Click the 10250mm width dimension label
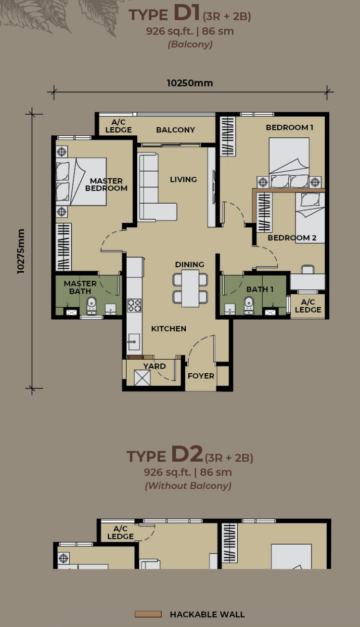[x=190, y=83]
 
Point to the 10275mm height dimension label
[x=21, y=251]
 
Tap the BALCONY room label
[x=175, y=130]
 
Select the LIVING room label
[x=183, y=179]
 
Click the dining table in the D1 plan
[x=190, y=288]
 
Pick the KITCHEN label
[x=168, y=328]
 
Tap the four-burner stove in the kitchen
[x=134, y=305]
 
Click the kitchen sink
[x=134, y=342]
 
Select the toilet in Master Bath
[x=91, y=306]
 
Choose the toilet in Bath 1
[x=249, y=306]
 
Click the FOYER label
[x=201, y=376]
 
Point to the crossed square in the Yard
[x=142, y=378]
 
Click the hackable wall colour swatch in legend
[x=148, y=614]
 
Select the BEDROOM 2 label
[x=292, y=237]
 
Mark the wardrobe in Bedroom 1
[x=228, y=136]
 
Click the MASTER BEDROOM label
[x=106, y=184]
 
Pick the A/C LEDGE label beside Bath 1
[x=308, y=306]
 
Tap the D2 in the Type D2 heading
[x=187, y=454]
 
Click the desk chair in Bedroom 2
[x=308, y=269]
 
